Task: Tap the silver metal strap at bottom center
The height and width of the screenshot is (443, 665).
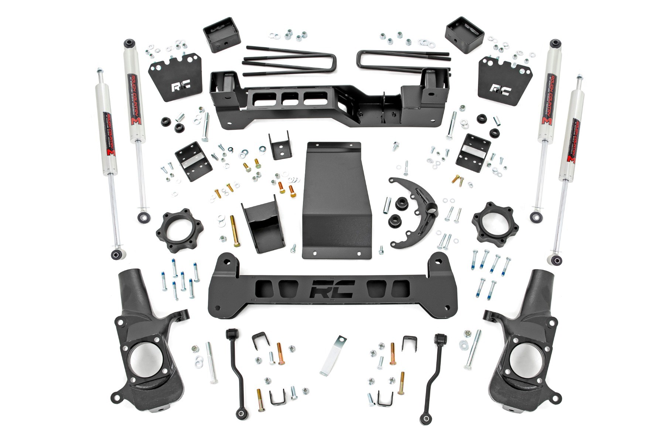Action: (x=331, y=355)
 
